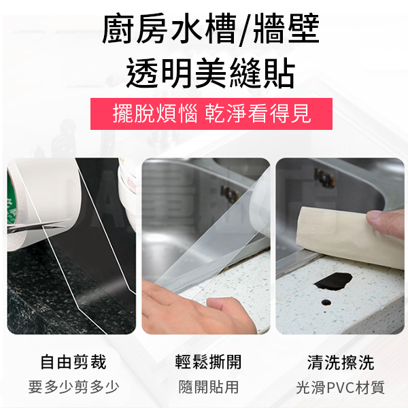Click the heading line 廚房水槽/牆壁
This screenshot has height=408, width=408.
pyautogui.click(x=211, y=29)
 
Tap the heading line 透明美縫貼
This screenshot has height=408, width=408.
pyautogui.click(x=211, y=73)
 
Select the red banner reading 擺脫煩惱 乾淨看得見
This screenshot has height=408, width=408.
pyautogui.click(x=211, y=114)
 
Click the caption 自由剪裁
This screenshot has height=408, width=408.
pyautogui.click(x=73, y=362)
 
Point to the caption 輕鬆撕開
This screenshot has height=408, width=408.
pyautogui.click(x=209, y=362)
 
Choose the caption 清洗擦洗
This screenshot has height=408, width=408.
pyautogui.click(x=341, y=362)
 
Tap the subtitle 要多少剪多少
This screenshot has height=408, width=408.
pyautogui.click(x=73, y=387)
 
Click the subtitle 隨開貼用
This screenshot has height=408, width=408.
pyautogui.click(x=209, y=387)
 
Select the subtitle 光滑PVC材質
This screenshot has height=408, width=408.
pyautogui.click(x=341, y=388)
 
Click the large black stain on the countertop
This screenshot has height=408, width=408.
pyautogui.click(x=333, y=282)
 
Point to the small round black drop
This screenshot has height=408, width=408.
pyautogui.click(x=326, y=303)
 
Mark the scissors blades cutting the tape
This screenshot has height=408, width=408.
pyautogui.click(x=37, y=226)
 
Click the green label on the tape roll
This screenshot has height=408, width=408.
pyautogui.click(x=10, y=199)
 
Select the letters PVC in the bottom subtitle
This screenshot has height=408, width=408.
pyautogui.click(x=341, y=388)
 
